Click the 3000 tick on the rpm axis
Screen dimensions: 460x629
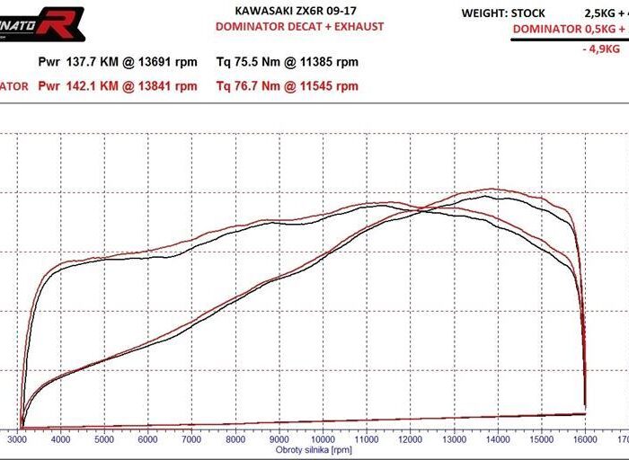point(18,440)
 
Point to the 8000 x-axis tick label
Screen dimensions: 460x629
point(235,440)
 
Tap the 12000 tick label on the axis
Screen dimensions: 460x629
point(410,440)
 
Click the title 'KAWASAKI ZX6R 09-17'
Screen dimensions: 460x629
point(299,12)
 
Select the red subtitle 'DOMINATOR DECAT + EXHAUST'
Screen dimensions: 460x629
point(299,27)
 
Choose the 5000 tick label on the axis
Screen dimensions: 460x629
point(105,440)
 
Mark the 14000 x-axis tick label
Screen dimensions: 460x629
point(497,440)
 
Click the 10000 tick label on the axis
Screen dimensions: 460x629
point(323,440)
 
